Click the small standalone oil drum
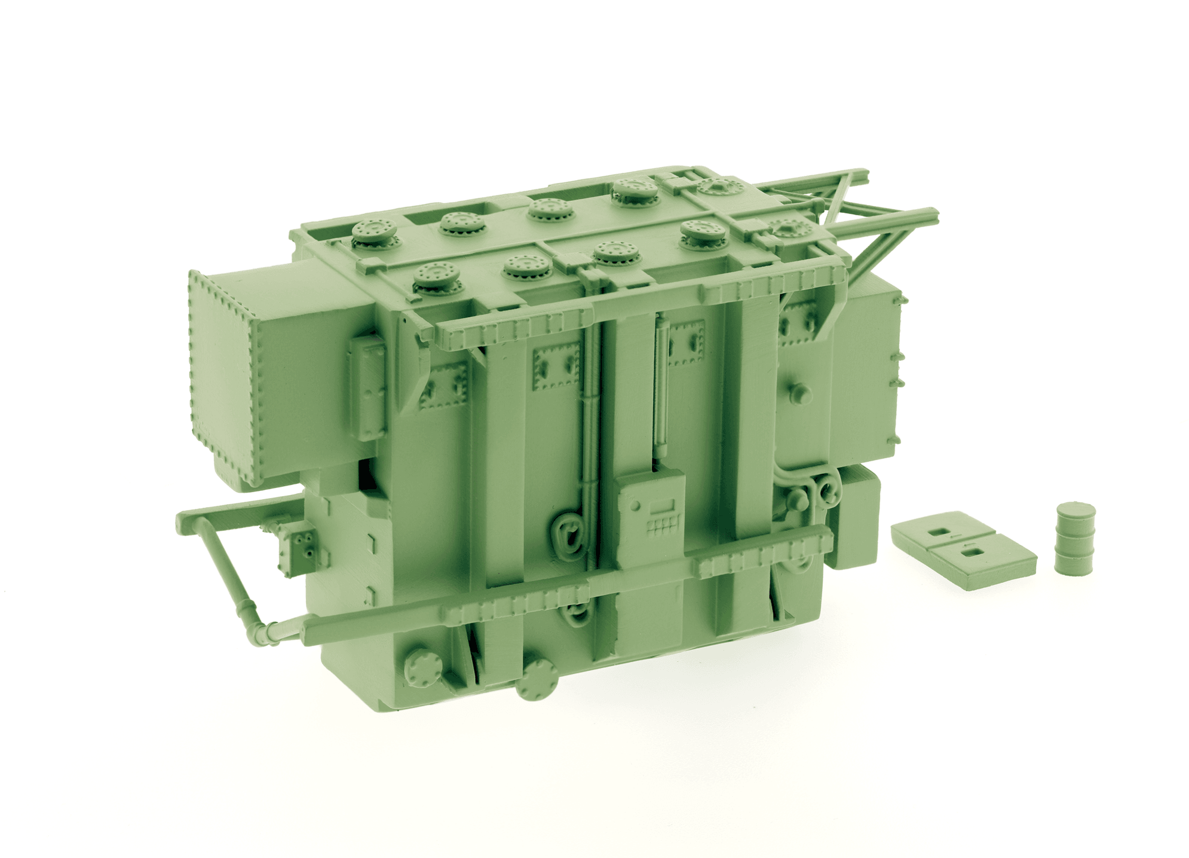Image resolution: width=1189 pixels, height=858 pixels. click(x=1075, y=538)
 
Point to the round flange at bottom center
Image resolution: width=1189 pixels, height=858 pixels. click(x=536, y=680)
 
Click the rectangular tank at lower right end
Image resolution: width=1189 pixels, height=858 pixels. click(x=857, y=518)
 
